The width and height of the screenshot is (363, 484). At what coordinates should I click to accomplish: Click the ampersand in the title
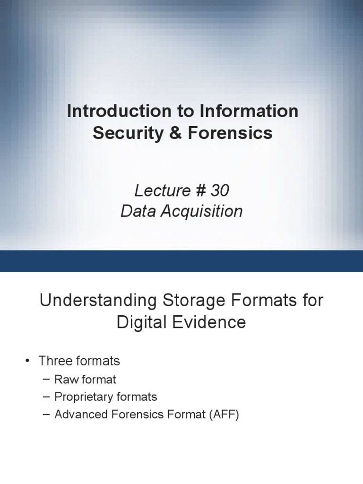click(172, 133)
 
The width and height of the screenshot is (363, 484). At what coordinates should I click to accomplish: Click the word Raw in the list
click(65, 379)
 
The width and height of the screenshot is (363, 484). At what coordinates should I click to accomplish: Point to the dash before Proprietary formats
click(45, 397)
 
